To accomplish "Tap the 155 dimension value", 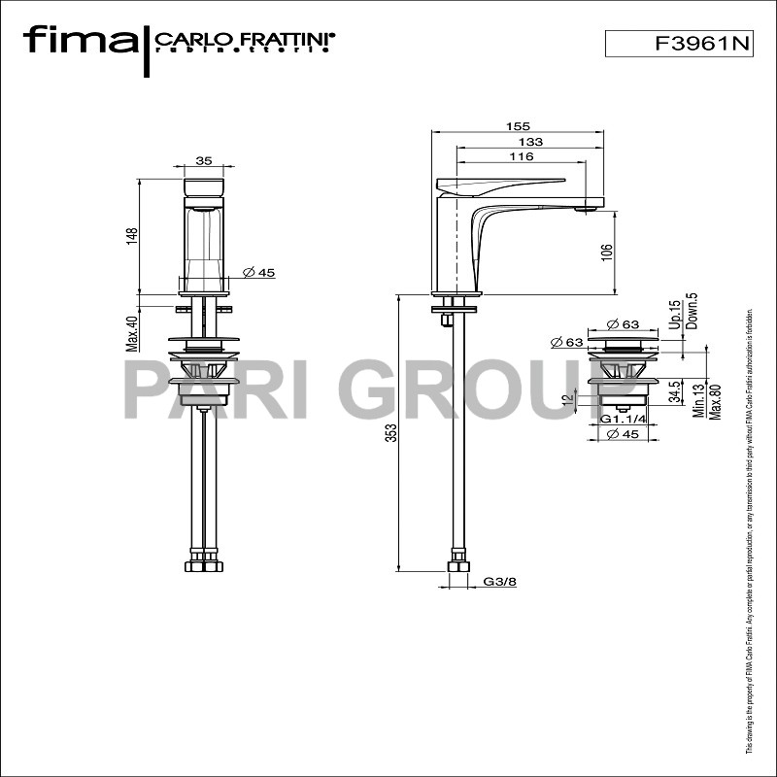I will click(x=517, y=126).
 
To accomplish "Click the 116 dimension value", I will click(x=521, y=157).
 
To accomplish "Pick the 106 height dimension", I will click(x=607, y=251).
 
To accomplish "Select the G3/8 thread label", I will click(x=499, y=582).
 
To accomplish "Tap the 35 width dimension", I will click(x=204, y=161).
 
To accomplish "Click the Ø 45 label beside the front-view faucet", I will click(x=257, y=273).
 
